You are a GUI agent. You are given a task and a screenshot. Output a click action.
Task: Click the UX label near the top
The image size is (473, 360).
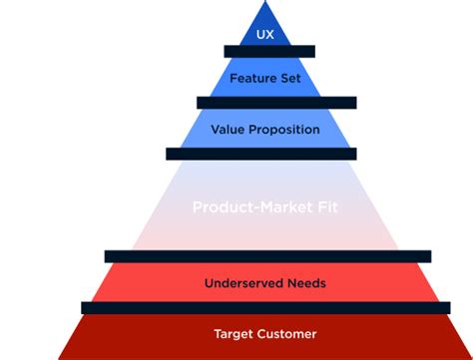264,35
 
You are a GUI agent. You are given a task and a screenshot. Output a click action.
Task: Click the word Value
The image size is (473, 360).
229,130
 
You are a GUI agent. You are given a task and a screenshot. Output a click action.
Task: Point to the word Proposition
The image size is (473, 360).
283,130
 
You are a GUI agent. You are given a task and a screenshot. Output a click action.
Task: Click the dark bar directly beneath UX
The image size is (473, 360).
269,51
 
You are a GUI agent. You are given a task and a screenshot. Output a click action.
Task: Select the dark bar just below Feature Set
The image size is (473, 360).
276,103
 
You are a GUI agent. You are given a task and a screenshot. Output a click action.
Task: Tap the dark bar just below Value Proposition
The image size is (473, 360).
260,154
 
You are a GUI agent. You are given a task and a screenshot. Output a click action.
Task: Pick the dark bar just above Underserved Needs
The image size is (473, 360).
267,256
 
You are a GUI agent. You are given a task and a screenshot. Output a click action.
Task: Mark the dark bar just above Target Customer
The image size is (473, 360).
263,308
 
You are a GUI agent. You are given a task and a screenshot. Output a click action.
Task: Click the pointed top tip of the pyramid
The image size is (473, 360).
265,3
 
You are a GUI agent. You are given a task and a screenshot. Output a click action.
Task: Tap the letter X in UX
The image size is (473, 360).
269,35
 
